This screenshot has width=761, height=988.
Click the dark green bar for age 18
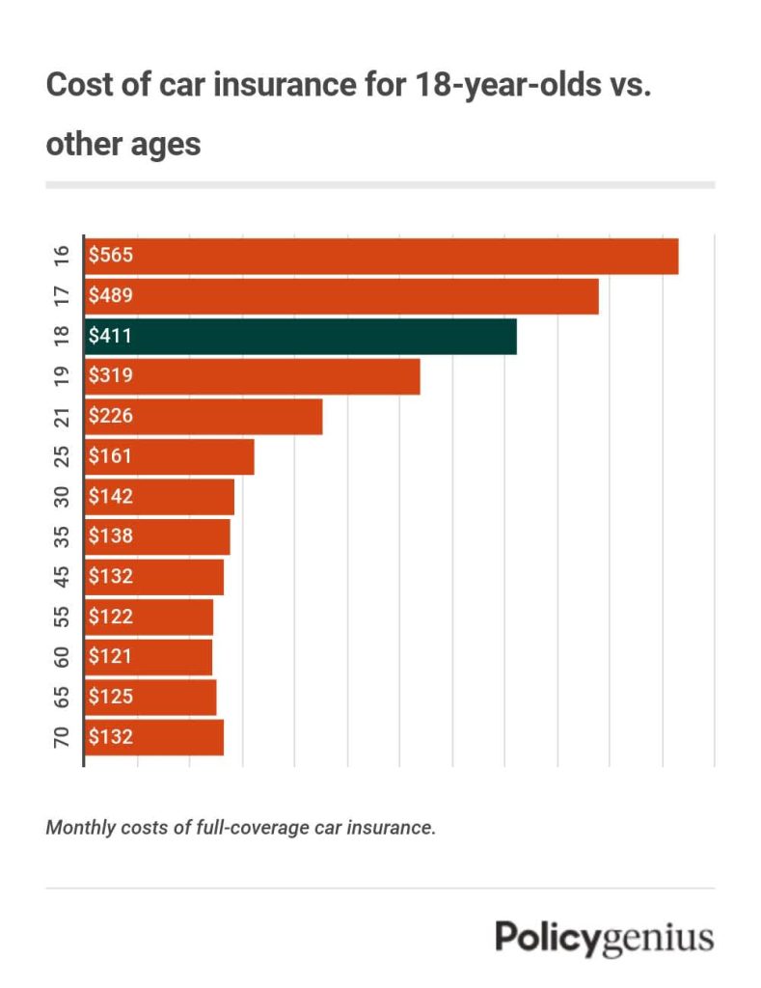tap(301, 337)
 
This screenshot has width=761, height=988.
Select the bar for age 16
tap(382, 257)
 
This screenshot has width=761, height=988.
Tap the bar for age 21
tap(204, 417)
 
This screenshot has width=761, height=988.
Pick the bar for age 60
tap(149, 657)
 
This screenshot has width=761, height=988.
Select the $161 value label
tap(109, 456)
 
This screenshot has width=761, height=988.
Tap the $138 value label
tap(109, 536)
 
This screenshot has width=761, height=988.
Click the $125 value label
tap(109, 697)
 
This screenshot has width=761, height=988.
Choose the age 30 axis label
tap(62, 497)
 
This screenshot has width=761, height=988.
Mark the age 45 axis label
tap(62, 577)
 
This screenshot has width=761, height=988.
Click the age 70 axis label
tap(62, 737)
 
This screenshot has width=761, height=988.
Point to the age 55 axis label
tap(62, 617)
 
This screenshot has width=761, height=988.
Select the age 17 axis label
tap(62, 296)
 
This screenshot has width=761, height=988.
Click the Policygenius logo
tap(605, 938)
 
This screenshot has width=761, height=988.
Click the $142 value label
tap(109, 497)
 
